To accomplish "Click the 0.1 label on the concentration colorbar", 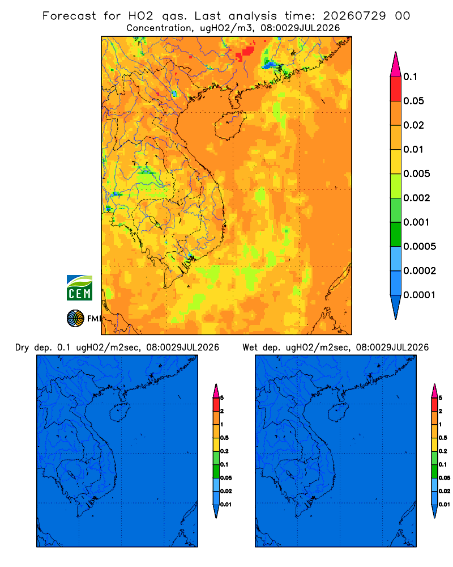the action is (410, 77).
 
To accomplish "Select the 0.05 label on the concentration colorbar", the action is (413, 101).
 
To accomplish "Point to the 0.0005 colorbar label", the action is (420, 247).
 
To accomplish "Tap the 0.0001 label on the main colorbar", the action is (420, 295).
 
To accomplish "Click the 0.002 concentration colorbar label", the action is (417, 198).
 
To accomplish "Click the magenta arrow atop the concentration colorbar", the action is (396, 64).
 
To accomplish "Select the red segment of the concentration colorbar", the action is (396, 89).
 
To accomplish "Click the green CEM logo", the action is (79, 287).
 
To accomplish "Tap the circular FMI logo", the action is (75, 319).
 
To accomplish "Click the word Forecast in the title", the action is (69, 16).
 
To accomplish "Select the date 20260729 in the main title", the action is (354, 16).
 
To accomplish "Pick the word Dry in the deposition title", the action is (22, 348).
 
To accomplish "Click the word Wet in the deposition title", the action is (250, 348).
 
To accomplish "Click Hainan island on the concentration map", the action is (230, 125).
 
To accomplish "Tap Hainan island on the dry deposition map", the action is (119, 413).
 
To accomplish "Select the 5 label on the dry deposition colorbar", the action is (222, 398).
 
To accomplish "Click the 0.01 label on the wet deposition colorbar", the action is (445, 505).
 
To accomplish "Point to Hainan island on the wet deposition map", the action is (339, 413).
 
